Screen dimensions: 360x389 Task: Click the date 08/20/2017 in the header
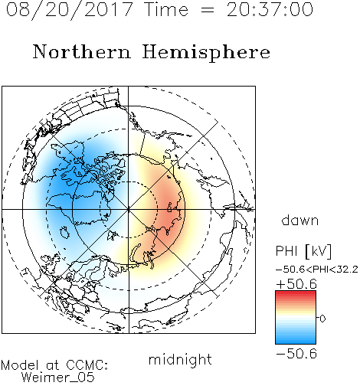(x=70, y=10)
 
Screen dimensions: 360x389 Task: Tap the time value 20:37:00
(x=270, y=10)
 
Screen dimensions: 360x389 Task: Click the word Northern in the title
(x=82, y=51)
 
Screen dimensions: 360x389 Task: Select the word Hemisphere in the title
(x=206, y=52)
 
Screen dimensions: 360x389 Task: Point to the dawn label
(x=300, y=221)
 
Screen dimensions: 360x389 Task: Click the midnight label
(x=180, y=360)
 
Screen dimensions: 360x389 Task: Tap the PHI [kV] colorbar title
(x=303, y=251)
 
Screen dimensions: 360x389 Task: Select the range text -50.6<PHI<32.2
(x=316, y=270)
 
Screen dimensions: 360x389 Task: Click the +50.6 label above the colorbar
(x=296, y=284)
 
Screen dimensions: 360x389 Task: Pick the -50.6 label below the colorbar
(x=296, y=354)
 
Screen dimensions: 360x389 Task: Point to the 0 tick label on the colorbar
(x=322, y=319)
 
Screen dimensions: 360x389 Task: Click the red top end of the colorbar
(x=296, y=293)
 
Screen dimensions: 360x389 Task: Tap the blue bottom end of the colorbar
(x=296, y=342)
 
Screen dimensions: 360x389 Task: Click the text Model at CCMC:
(x=54, y=365)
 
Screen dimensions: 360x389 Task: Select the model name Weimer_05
(x=58, y=378)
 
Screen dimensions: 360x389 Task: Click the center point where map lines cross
(x=129, y=209)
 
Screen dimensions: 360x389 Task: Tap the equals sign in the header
(x=207, y=10)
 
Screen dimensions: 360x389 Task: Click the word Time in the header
(x=166, y=10)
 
